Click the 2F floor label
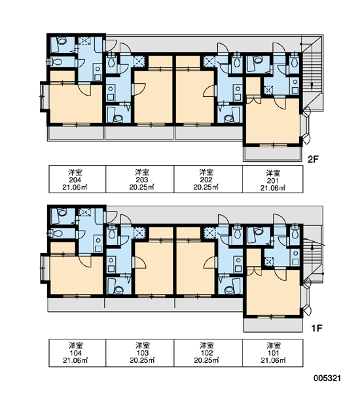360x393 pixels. (x=313, y=159)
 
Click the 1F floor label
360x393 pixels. (x=316, y=328)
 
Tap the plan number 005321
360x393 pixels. (x=327, y=378)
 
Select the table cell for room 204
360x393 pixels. (x=77, y=179)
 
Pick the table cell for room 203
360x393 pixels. (x=140, y=179)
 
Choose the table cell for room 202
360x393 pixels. (x=208, y=179)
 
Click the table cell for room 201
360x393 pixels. (x=273, y=179)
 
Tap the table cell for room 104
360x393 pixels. (x=77, y=353)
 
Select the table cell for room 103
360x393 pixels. (x=140, y=353)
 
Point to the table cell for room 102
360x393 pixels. (x=208, y=353)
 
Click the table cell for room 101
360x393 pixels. (x=273, y=353)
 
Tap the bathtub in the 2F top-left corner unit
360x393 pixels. (x=58, y=45)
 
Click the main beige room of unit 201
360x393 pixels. (x=273, y=121)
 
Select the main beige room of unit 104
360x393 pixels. (x=77, y=275)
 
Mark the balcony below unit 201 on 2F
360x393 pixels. (x=273, y=153)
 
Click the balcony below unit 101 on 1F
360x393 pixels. (x=273, y=325)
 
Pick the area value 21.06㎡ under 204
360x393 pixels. (x=75, y=187)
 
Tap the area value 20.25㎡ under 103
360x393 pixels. (x=142, y=360)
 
